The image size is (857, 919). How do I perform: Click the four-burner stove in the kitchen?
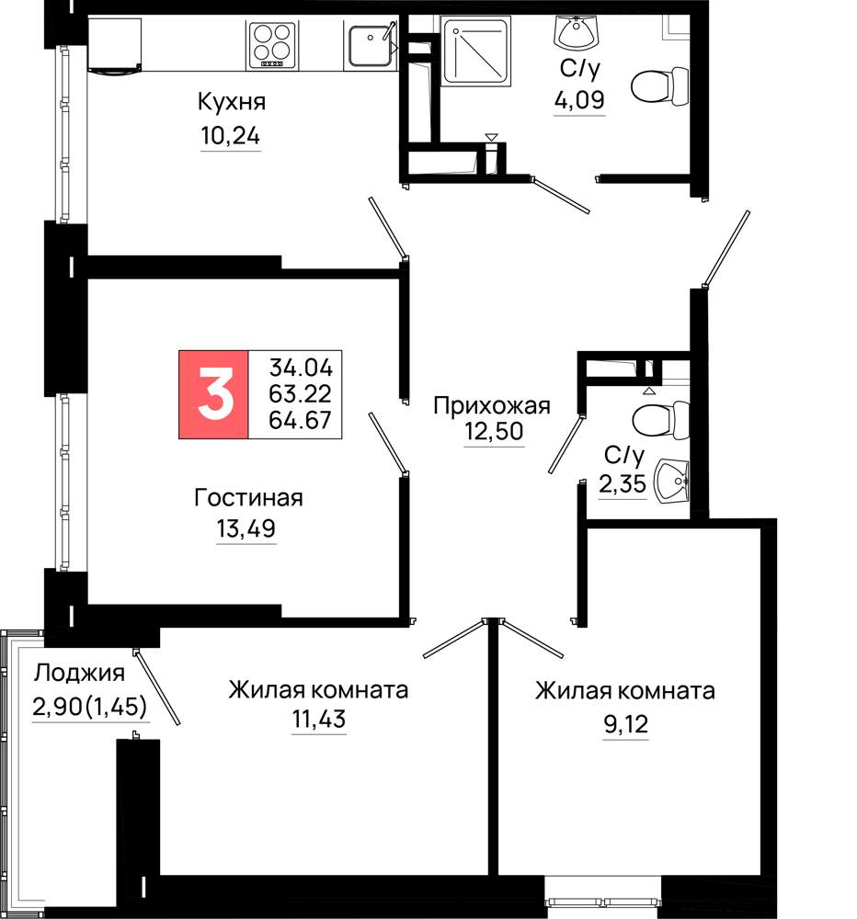click(x=271, y=44)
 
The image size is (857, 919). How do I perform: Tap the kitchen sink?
click(x=371, y=44)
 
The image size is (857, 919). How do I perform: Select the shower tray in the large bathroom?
click(x=475, y=51)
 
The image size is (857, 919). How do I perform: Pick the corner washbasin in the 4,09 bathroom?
click(x=577, y=33)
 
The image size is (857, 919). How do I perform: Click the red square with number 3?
click(x=213, y=394)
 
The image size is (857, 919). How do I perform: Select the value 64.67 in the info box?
click(x=301, y=420)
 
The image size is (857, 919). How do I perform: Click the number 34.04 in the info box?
click(x=301, y=368)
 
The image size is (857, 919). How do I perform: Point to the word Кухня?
click(x=232, y=102)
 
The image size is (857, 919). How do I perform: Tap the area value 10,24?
click(x=231, y=136)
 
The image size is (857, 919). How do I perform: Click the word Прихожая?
click(x=492, y=405)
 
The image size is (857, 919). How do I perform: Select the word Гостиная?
click(x=248, y=497)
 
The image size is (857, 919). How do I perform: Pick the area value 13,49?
click(x=246, y=528)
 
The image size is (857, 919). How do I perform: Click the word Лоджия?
click(x=79, y=674)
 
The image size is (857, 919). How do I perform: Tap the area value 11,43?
click(x=319, y=720)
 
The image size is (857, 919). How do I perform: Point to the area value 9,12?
click(x=626, y=725)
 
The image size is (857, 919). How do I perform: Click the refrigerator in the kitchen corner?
click(x=114, y=46)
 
